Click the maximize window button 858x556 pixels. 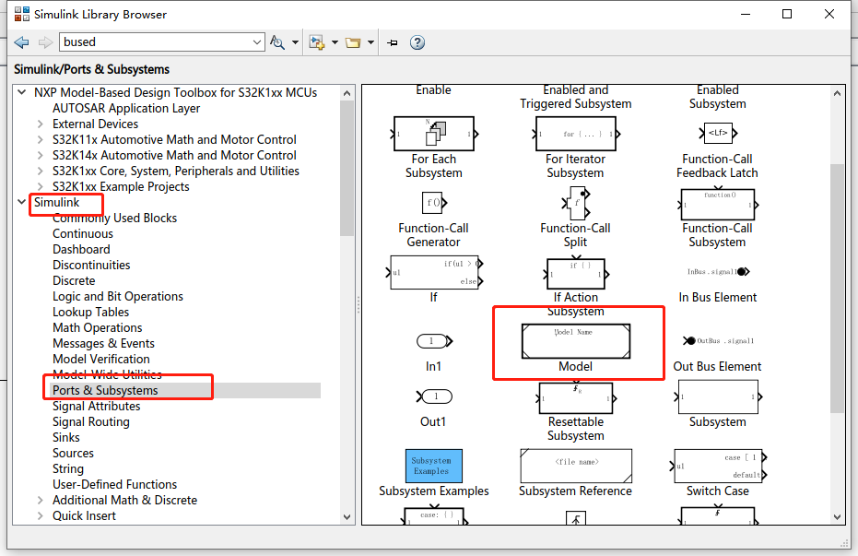[786, 14]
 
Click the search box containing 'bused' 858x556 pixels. [161, 41]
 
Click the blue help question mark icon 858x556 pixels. [417, 42]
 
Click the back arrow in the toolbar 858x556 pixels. [21, 42]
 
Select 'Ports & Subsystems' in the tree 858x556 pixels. [105, 390]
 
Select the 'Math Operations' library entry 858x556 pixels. [97, 327]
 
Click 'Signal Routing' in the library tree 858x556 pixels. [90, 421]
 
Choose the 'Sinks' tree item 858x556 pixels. [65, 437]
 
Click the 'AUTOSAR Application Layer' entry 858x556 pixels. [126, 108]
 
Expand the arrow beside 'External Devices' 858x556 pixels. [40, 124]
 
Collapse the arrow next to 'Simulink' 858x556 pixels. [21, 202]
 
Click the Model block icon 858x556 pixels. [576, 341]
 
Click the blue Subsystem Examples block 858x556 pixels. [433, 466]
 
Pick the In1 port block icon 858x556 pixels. [433, 341]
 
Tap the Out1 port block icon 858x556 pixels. [433, 396]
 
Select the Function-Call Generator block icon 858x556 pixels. [433, 202]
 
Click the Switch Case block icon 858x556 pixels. [717, 466]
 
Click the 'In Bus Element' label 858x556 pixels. [717, 297]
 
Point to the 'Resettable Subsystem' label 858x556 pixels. [575, 429]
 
